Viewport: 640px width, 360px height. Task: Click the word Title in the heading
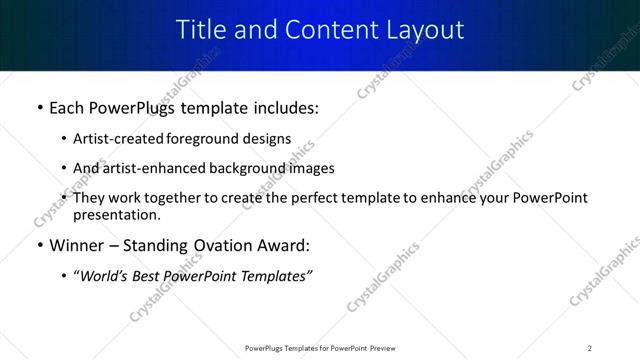199,30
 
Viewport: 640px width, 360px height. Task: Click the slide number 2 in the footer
589,347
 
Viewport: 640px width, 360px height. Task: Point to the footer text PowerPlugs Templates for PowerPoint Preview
319,347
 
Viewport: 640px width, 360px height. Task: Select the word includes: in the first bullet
284,107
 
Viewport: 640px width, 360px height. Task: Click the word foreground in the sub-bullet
200,139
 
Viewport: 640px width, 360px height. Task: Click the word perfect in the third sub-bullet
308,198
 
